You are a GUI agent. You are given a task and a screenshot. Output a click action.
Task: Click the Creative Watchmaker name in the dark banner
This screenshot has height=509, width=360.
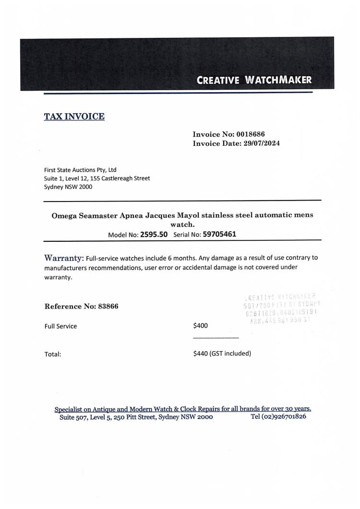click(254, 80)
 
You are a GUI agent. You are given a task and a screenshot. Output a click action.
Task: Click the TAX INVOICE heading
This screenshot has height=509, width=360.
click(74, 116)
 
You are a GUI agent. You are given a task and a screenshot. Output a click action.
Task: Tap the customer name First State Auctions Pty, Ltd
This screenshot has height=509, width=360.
click(80, 170)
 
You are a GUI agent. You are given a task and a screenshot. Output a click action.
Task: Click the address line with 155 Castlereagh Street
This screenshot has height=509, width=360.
click(96, 178)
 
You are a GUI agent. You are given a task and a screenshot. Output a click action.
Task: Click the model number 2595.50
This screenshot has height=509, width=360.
click(154, 235)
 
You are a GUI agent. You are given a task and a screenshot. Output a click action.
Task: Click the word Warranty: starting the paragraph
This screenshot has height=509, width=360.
click(64, 258)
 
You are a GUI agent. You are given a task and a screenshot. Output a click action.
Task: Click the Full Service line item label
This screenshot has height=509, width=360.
click(60, 326)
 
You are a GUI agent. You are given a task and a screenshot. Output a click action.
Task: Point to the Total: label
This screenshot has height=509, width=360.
click(53, 354)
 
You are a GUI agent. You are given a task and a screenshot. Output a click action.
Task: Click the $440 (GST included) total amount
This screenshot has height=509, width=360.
click(222, 354)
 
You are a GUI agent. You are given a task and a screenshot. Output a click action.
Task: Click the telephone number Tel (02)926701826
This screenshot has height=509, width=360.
click(278, 416)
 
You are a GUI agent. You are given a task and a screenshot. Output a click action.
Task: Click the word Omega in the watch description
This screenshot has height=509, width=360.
click(63, 215)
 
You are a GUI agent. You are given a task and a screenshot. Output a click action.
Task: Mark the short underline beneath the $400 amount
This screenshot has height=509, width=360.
click(216, 338)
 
